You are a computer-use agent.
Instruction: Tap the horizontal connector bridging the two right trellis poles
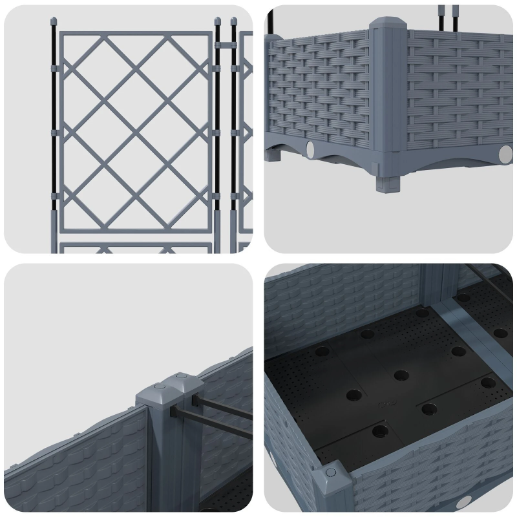click(x=224, y=45)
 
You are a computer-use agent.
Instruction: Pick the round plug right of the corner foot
click(x=504, y=154)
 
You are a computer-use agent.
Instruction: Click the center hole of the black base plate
click(x=401, y=375)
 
